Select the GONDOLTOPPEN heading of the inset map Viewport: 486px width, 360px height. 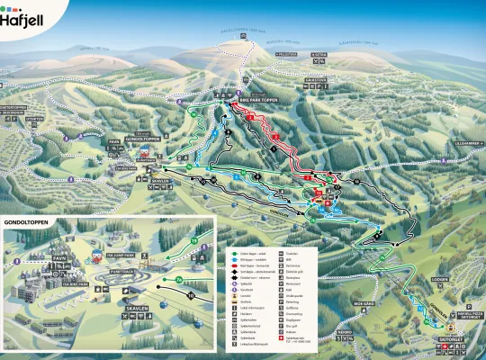[26, 220]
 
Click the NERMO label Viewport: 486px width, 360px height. [344, 330]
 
